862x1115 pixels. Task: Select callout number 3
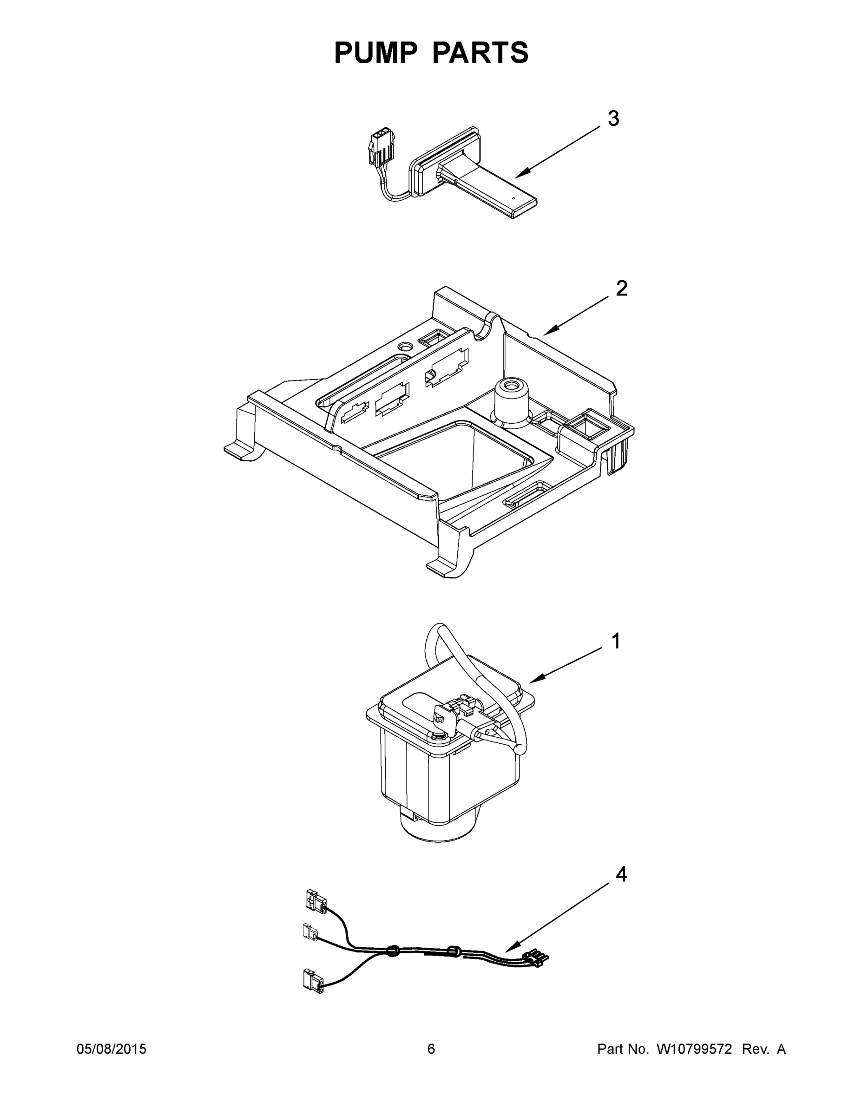point(613,118)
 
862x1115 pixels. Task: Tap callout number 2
point(621,289)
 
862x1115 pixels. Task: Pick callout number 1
point(616,641)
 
